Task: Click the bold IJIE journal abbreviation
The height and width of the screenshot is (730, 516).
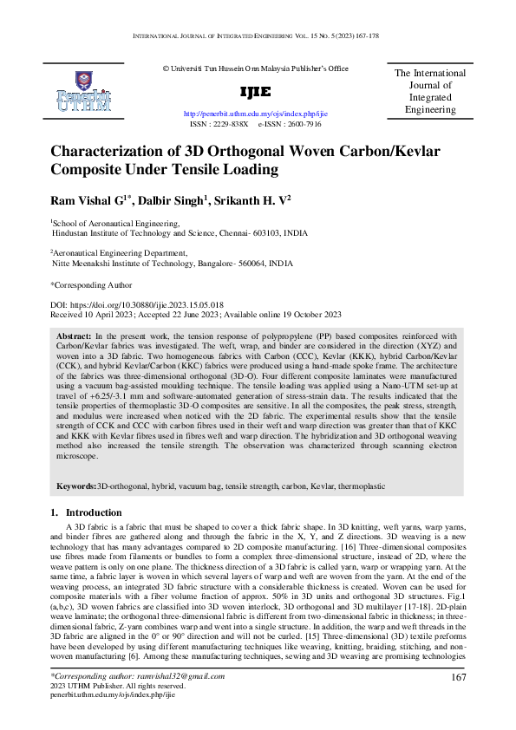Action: (255, 92)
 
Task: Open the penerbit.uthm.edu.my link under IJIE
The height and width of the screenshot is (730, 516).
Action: (255, 114)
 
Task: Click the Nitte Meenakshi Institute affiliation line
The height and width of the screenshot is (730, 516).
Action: (173, 264)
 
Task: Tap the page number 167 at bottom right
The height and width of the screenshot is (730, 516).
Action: (459, 676)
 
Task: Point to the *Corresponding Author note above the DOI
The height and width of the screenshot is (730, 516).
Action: (91, 284)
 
